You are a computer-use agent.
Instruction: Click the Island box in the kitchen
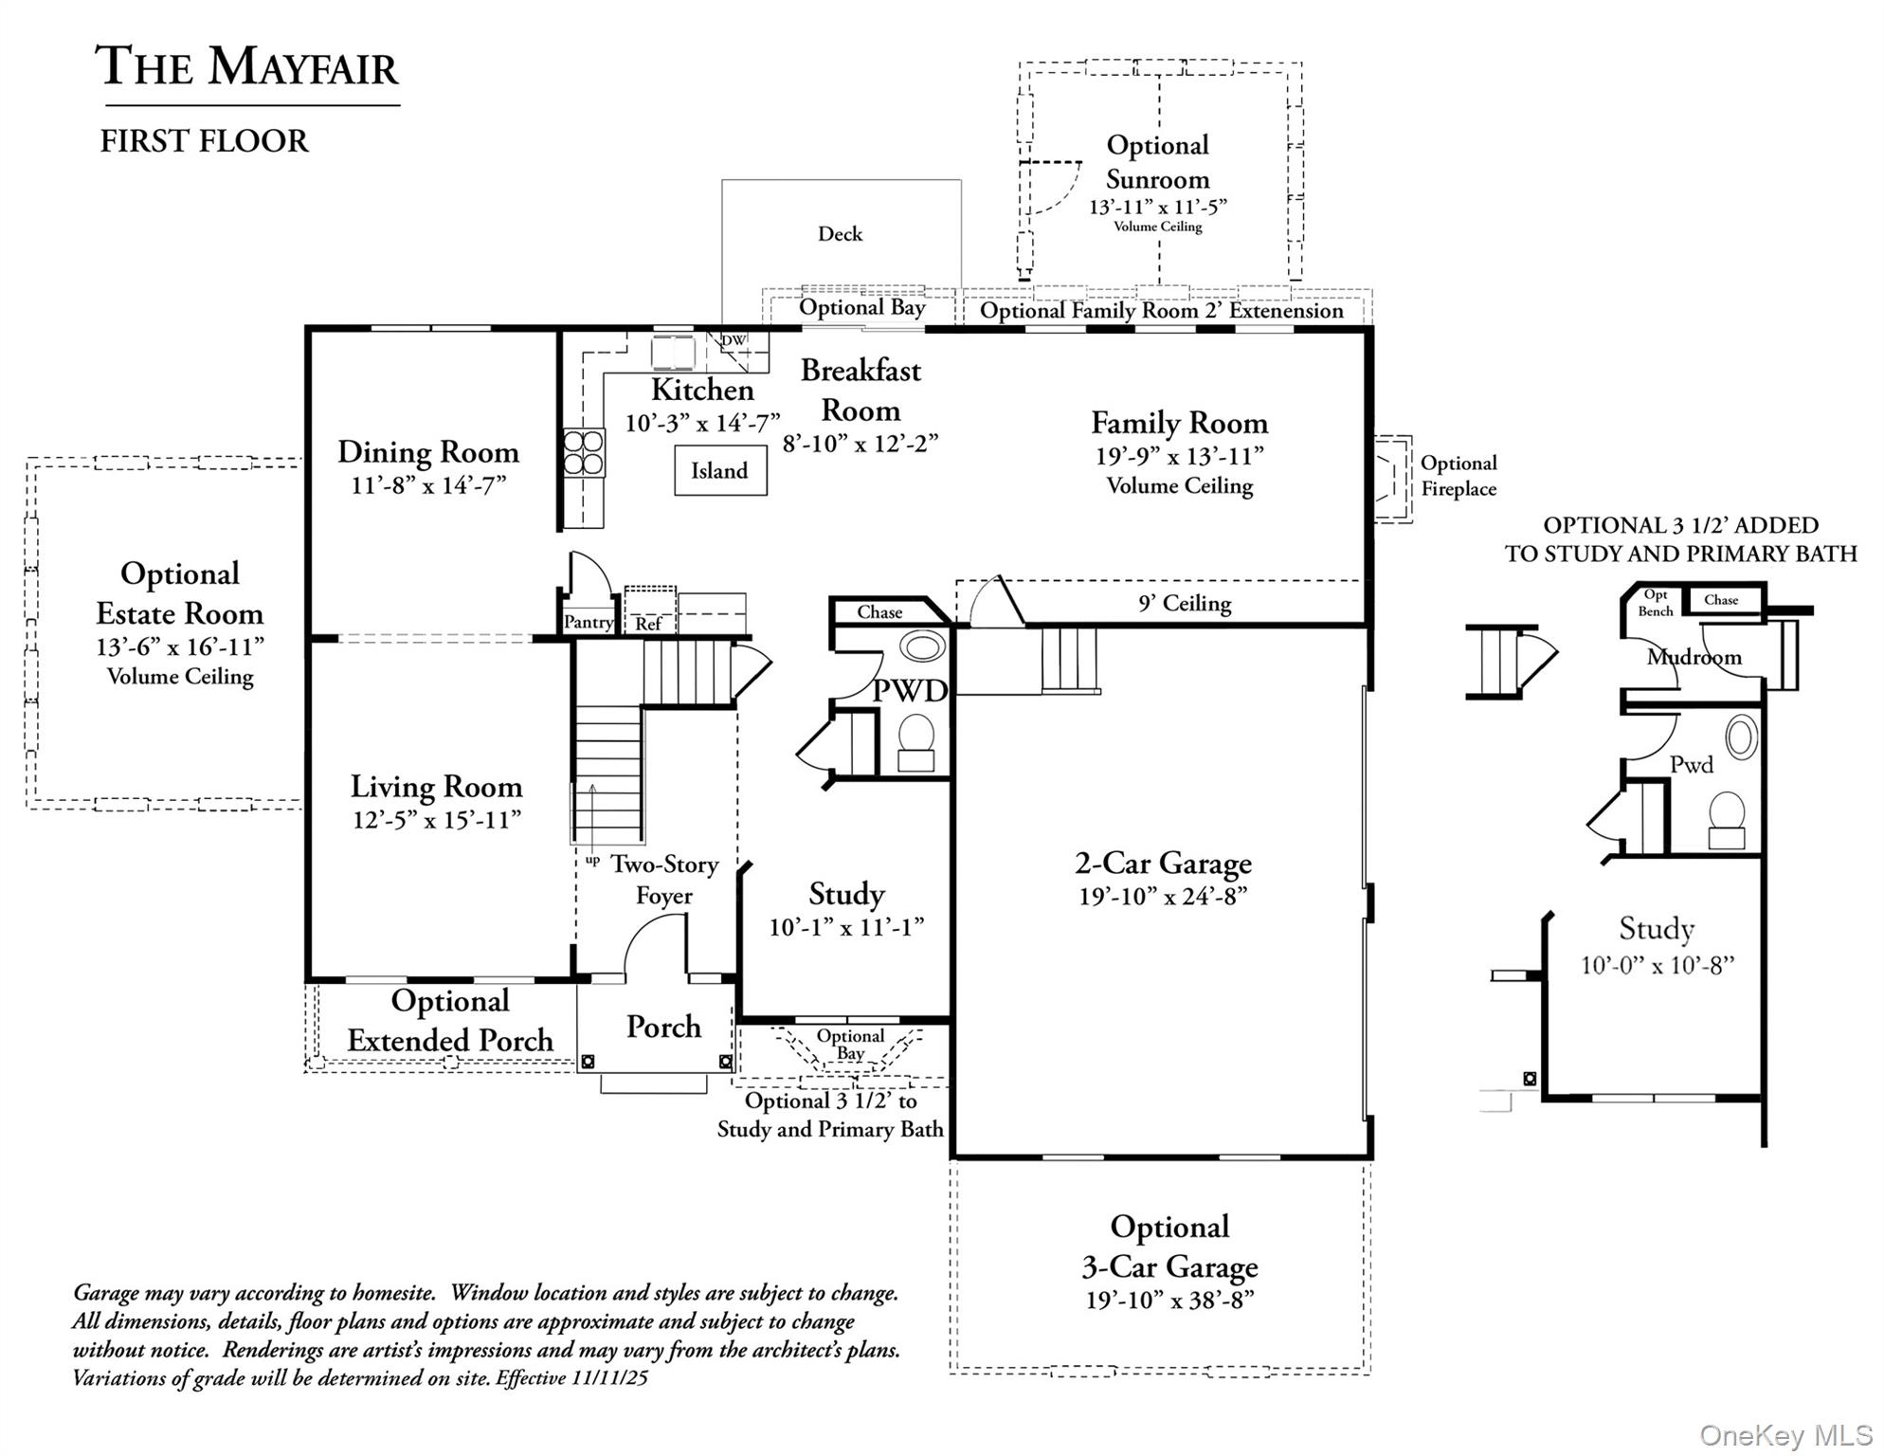pos(720,470)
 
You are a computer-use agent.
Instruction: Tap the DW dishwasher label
pos(734,340)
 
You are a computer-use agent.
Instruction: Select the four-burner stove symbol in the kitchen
pos(584,453)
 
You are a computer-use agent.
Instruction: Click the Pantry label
pos(588,622)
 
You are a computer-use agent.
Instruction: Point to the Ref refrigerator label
pos(648,624)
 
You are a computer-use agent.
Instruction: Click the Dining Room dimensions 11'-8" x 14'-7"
pos(428,485)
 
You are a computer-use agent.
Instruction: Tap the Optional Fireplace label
pos(1458,476)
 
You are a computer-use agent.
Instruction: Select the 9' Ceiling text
pos(1184,603)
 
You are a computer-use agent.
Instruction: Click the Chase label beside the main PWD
pos(879,612)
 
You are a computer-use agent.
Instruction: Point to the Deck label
pos(840,234)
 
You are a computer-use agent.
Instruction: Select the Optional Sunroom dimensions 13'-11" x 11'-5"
pos(1157,207)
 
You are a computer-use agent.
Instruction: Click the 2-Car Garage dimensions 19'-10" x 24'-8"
pos(1163,897)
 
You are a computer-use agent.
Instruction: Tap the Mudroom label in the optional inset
pos(1694,657)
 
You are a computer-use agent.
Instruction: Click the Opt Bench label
pos(1655,603)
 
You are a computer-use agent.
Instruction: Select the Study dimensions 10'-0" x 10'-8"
pos(1657,965)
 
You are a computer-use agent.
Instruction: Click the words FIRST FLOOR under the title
pos(205,141)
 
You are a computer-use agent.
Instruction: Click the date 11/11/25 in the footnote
pos(609,1378)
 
